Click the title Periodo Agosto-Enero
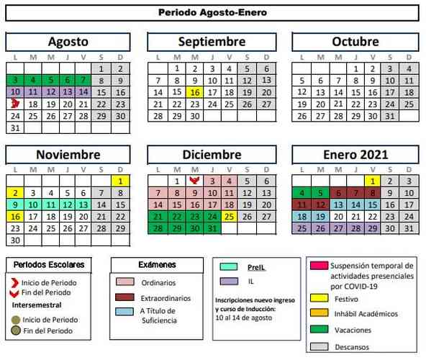(x=212, y=12)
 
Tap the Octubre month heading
(x=355, y=42)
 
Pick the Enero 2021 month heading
(x=355, y=155)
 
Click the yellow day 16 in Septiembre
(x=194, y=92)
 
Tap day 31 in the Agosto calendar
(x=15, y=127)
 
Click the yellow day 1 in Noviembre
(x=121, y=181)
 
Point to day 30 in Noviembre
(x=15, y=240)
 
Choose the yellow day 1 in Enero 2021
(x=373, y=181)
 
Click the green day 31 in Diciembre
(x=212, y=228)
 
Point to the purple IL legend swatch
(x=230, y=282)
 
